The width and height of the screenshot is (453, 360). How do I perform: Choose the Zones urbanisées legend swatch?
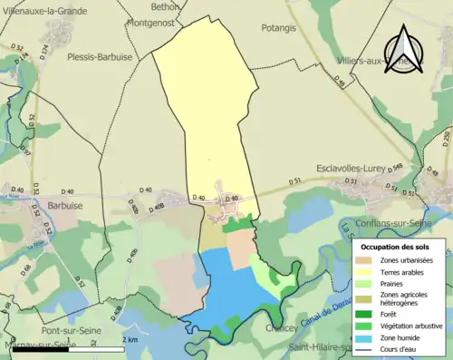(x=367, y=260)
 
